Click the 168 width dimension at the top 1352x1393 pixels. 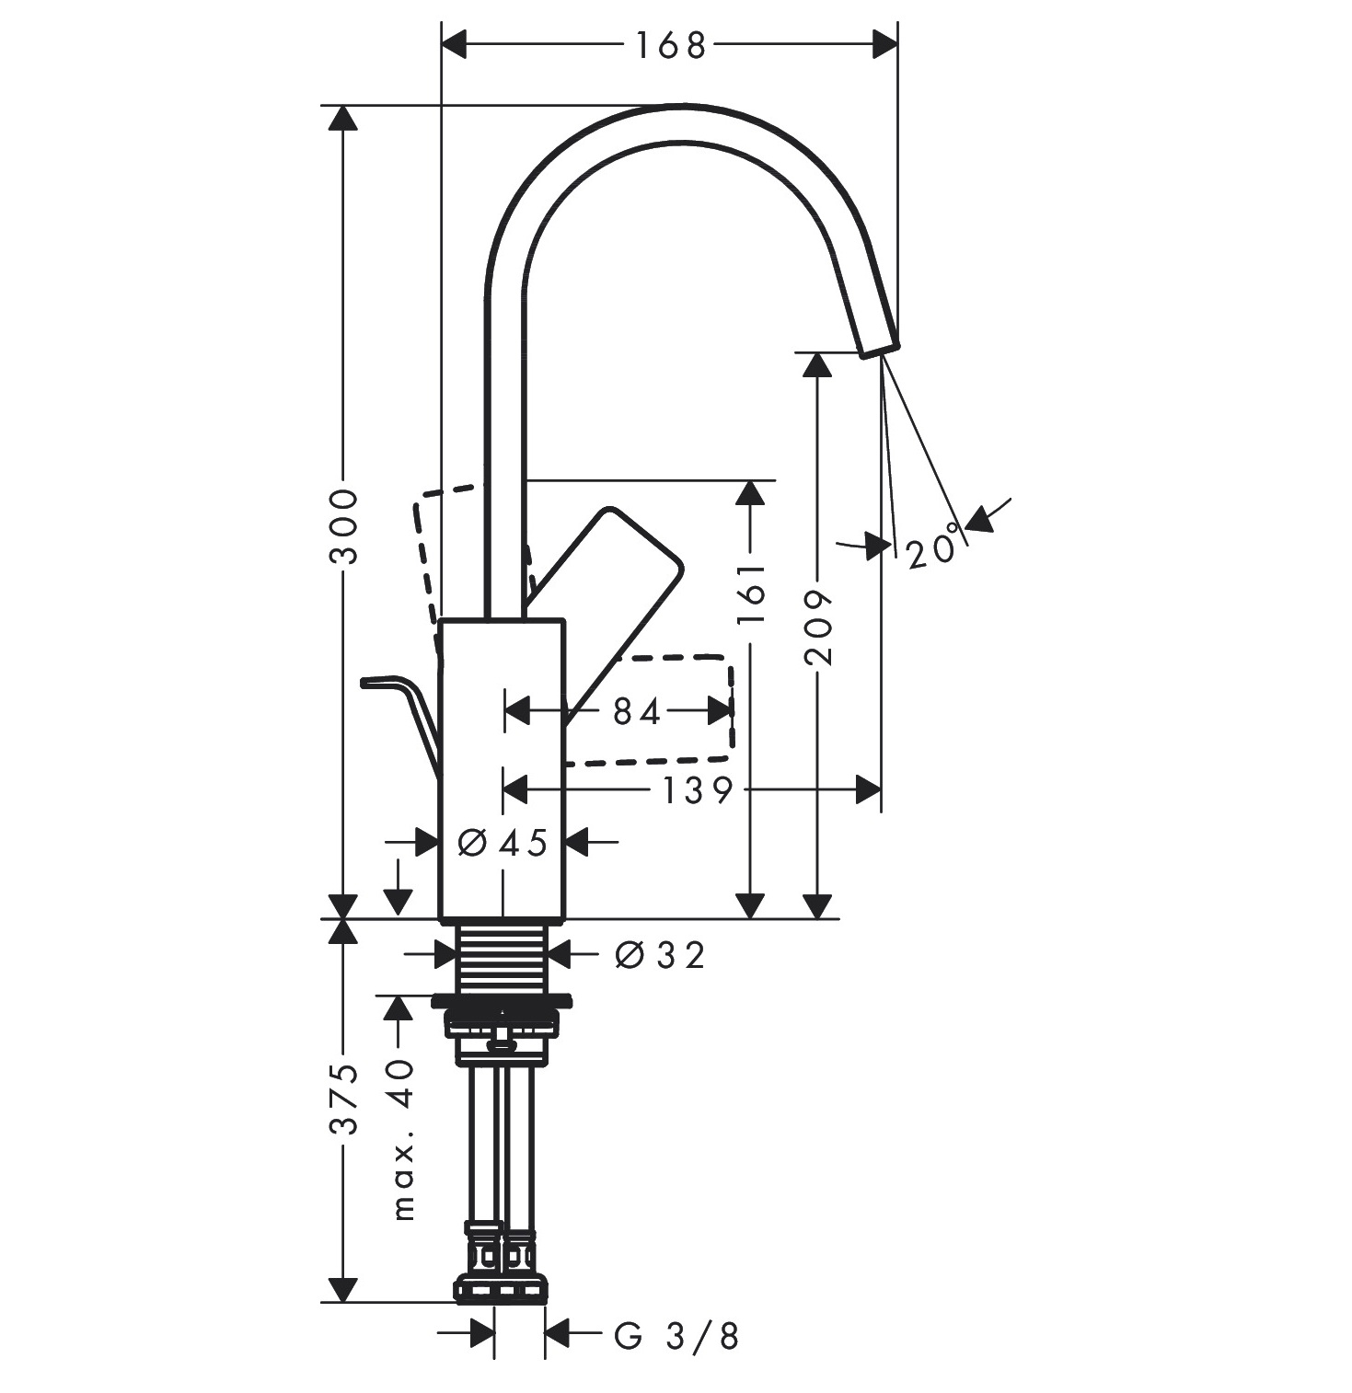(x=669, y=44)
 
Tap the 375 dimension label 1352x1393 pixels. (x=342, y=1099)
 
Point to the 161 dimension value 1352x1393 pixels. (x=751, y=593)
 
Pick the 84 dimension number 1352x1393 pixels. (x=637, y=710)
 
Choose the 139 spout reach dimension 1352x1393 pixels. (x=697, y=789)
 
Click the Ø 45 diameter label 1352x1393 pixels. (x=503, y=841)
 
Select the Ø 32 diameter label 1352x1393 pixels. (x=659, y=955)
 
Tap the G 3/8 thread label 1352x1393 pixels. (x=676, y=1335)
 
